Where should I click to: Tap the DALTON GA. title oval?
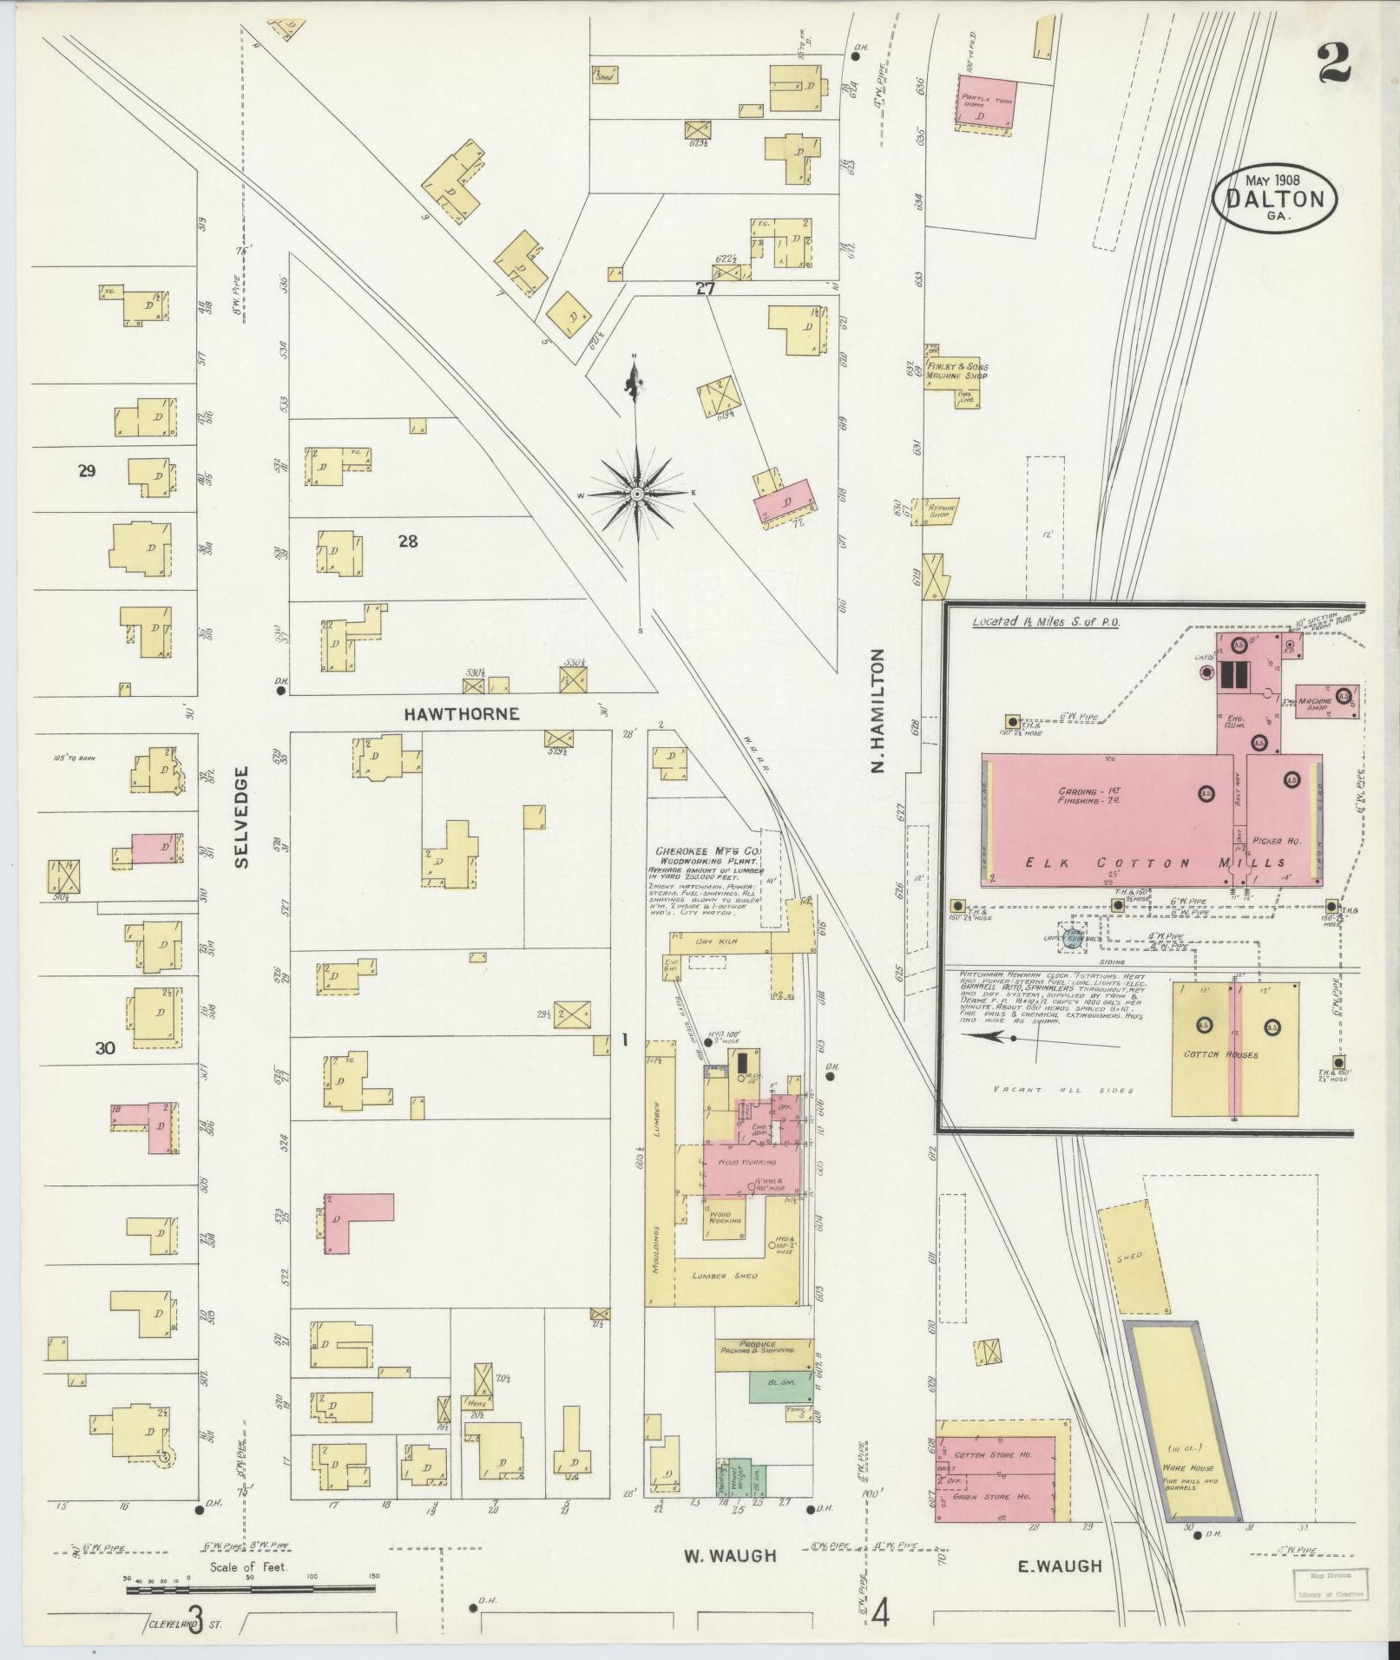pos(1274,200)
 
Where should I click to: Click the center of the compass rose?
pos(637,494)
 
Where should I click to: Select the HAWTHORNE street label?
pos(462,713)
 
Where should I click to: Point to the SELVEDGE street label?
pos(241,817)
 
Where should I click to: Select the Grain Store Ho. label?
pos(992,1496)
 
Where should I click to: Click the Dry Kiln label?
pos(716,940)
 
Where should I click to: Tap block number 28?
pos(407,541)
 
